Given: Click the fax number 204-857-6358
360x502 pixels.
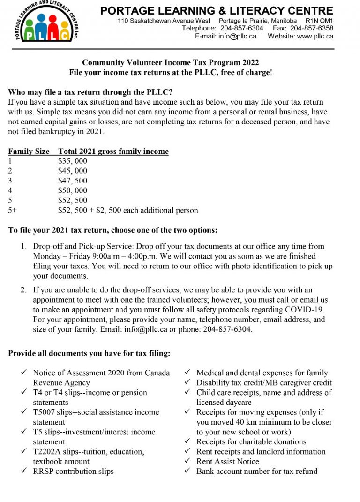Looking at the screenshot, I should tap(313, 28).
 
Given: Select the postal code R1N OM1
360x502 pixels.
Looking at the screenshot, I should tap(319, 21).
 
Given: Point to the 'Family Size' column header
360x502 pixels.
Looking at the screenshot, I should tap(29, 152).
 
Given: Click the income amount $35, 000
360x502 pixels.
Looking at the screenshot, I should tap(73, 161).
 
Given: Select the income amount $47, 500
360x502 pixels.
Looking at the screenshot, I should tap(73, 181).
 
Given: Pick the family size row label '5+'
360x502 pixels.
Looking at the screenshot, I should tap(13, 211).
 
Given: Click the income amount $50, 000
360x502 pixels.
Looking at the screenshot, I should tap(73, 191).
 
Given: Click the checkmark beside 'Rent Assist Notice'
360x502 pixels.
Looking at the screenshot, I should tap(187, 462).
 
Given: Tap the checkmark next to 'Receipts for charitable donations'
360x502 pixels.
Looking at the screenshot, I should tap(187, 442).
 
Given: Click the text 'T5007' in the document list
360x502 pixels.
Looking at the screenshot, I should tap(45, 412).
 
